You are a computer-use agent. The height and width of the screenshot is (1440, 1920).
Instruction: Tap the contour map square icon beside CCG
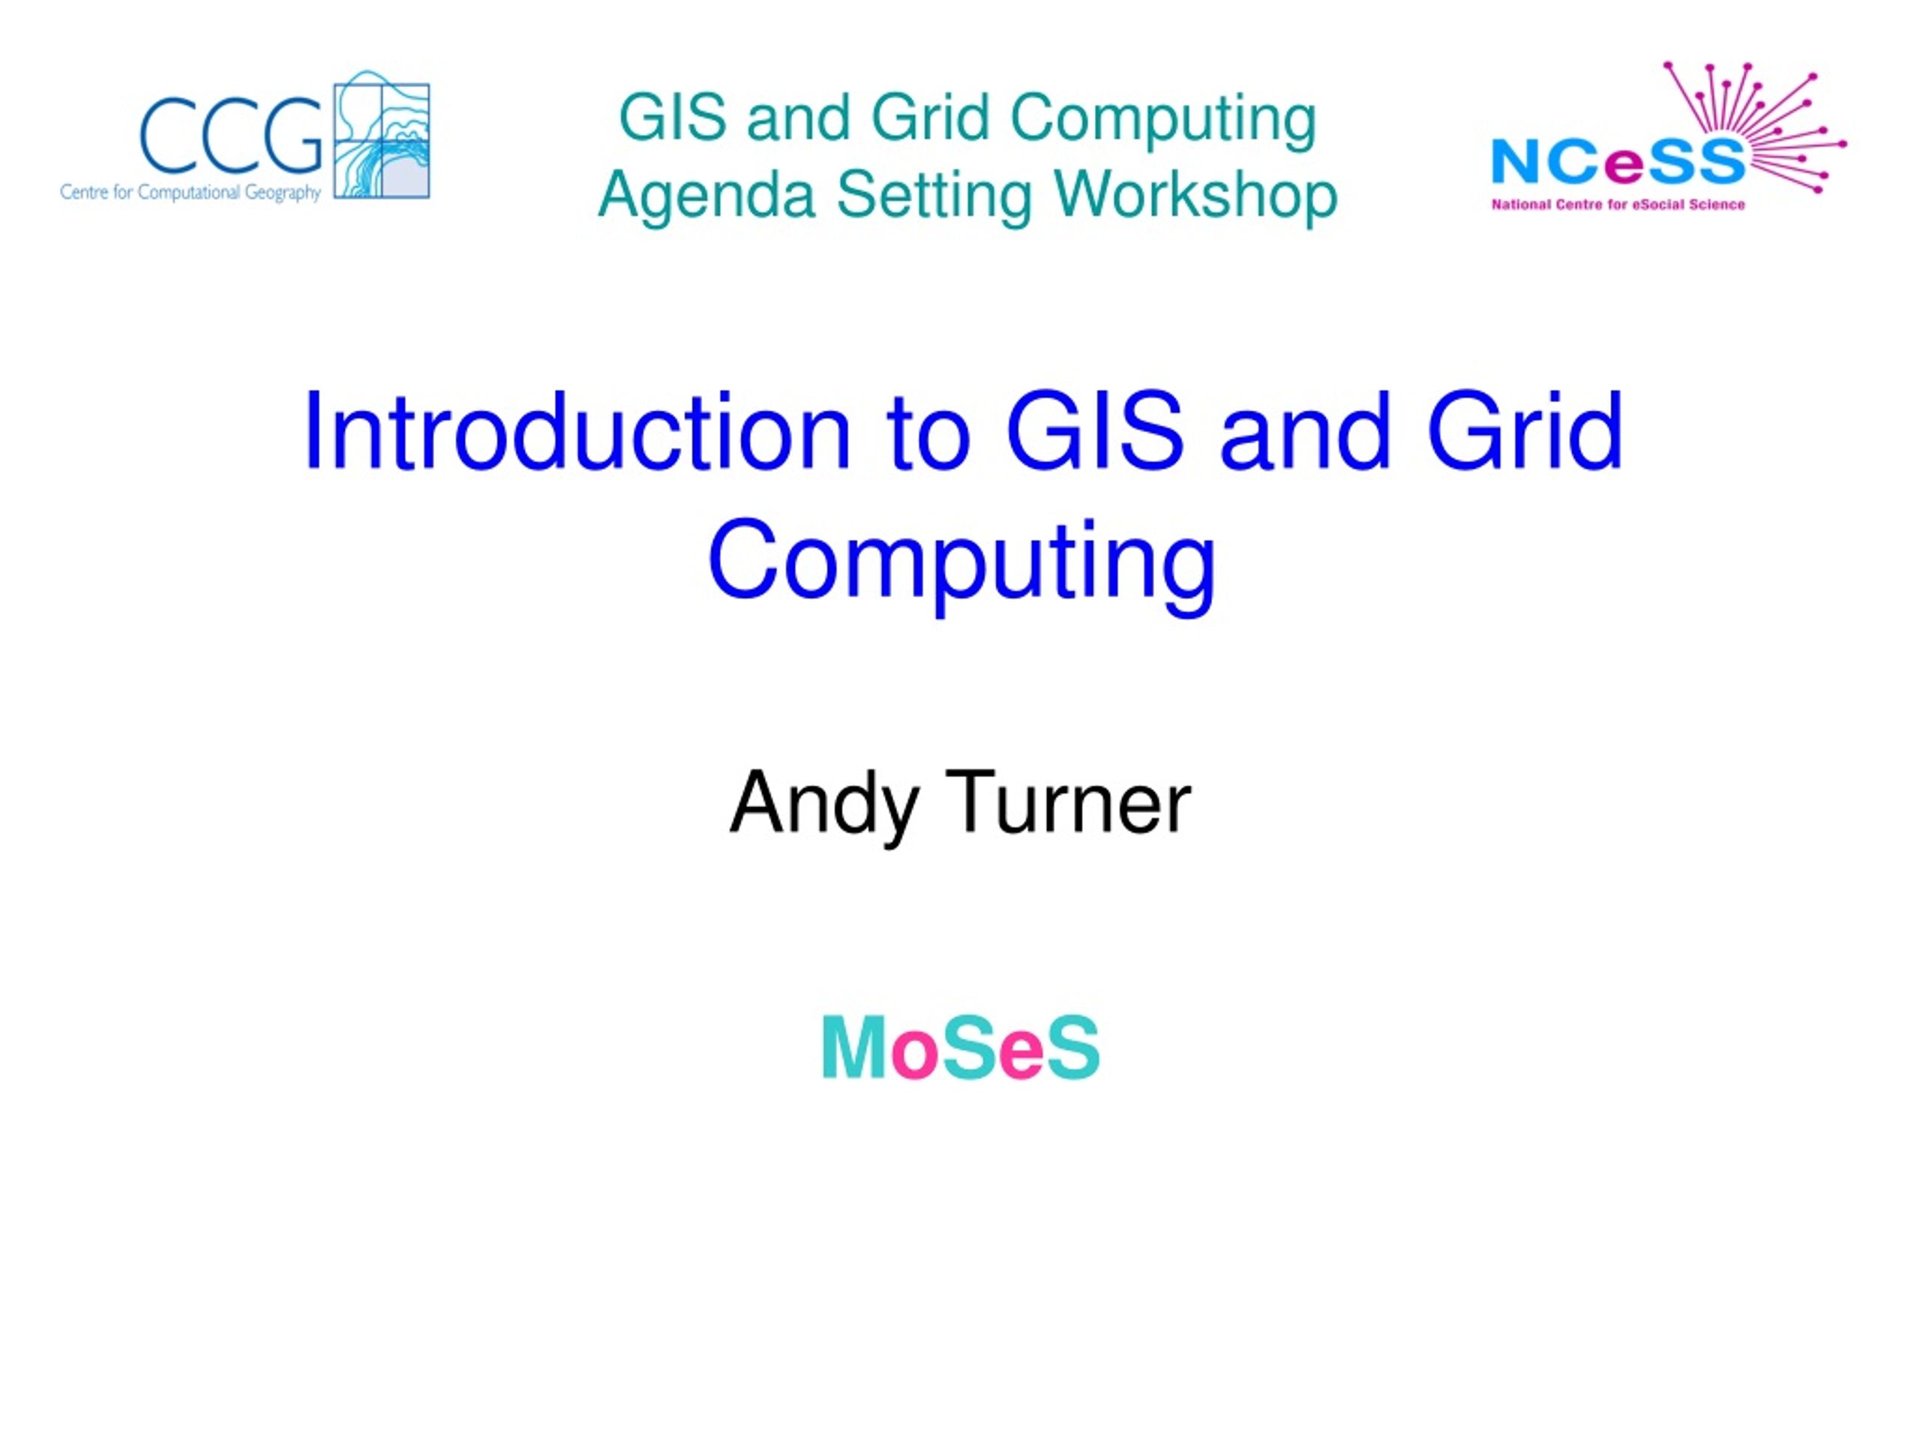click(x=382, y=136)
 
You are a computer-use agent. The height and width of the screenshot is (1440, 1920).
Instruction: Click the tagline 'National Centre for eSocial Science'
click(x=1618, y=205)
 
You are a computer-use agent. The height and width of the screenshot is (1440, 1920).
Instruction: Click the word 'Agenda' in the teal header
click(x=707, y=197)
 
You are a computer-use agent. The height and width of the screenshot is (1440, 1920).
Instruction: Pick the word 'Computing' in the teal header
click(x=1163, y=120)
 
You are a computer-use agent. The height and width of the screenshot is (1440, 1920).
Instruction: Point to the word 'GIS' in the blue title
click(x=1096, y=431)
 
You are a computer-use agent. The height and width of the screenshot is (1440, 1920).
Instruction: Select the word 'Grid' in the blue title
click(x=1524, y=431)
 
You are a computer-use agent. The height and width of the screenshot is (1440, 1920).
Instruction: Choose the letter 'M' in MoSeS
click(x=854, y=1048)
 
